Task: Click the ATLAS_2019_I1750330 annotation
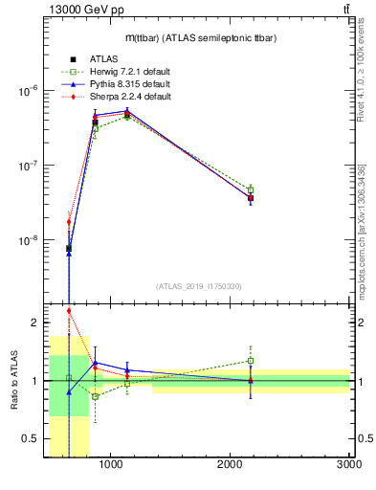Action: (199, 286)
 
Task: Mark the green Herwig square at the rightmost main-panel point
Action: (251, 189)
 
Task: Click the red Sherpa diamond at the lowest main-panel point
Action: (69, 222)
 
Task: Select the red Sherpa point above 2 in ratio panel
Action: (69, 310)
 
